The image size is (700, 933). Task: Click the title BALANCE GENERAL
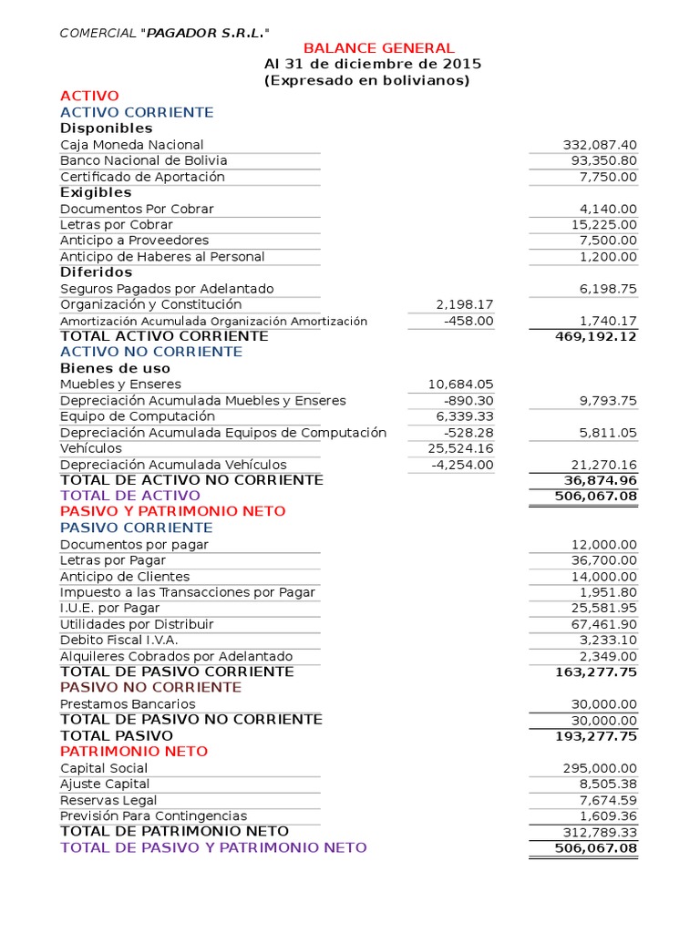[378, 48]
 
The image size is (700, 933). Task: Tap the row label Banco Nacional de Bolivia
[144, 160]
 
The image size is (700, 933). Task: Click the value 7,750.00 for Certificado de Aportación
[608, 177]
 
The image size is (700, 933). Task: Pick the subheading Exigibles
[96, 192]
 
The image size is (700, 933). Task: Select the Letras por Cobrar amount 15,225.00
[604, 224]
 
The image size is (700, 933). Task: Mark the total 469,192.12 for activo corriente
[596, 336]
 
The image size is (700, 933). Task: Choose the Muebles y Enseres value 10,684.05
[460, 384]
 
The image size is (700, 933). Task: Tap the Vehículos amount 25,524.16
[460, 448]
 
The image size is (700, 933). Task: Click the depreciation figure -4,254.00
[463, 465]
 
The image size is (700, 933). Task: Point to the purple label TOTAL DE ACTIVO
[130, 496]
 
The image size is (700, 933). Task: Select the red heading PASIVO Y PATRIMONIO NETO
[173, 511]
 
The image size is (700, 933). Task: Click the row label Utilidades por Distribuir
[137, 624]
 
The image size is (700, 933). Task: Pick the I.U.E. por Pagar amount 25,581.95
[604, 608]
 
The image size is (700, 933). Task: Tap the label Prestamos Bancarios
[128, 704]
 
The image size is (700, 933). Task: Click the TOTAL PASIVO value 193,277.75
[596, 736]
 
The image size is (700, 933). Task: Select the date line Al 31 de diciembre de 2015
[373, 65]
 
